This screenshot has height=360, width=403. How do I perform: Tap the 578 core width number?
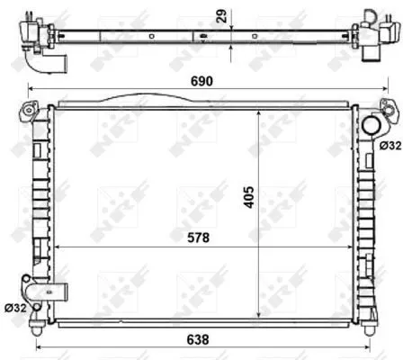(206, 238)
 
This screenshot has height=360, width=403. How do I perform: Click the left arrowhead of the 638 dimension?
(37, 346)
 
